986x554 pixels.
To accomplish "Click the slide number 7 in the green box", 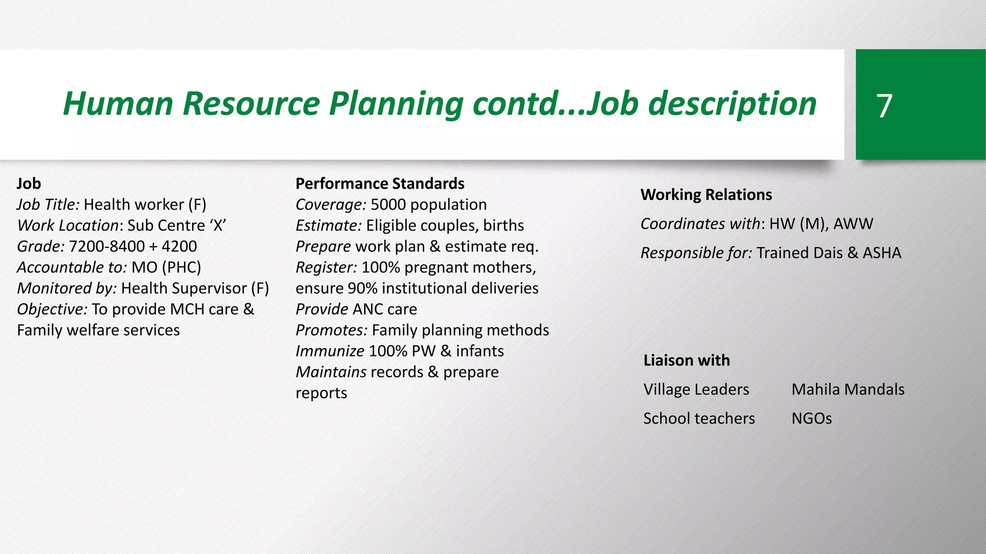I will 884,106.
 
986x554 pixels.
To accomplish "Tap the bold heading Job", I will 29,184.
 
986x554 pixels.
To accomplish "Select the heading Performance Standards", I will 380,184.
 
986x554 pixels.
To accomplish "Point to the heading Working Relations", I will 706,195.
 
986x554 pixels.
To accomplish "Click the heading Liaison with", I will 687,360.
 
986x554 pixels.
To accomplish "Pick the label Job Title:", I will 48,205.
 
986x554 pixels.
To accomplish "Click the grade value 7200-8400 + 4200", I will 133,246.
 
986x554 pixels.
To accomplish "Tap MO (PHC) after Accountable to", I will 166,267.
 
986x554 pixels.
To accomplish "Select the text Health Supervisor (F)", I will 195,288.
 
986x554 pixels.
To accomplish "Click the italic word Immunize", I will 330,351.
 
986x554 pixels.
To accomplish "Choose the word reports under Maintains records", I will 321,393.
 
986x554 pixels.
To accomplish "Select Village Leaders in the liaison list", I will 696,389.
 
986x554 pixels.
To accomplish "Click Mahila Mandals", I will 848,389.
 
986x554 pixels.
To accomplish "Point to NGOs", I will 811,418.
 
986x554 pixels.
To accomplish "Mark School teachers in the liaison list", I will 699,418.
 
